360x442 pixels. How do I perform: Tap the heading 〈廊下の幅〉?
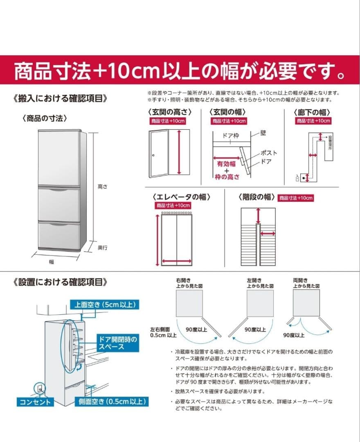pyautogui.click(x=312, y=112)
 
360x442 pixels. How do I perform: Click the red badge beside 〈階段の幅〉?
pyautogui.click(x=295, y=198)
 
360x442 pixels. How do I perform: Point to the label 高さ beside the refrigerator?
pyautogui.click(x=102, y=187)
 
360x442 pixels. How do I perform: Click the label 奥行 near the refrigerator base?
pyautogui.click(x=102, y=247)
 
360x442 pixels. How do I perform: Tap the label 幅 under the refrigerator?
pyautogui.click(x=52, y=261)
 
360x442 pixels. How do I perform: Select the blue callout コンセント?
pyautogui.click(x=36, y=402)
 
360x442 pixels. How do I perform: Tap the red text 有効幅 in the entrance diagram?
pyautogui.click(x=226, y=164)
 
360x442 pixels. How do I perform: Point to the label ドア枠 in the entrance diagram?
pyautogui.click(x=230, y=135)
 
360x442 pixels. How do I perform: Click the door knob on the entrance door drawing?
pyautogui.click(x=153, y=156)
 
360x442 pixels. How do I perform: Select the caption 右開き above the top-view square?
pyautogui.click(x=183, y=280)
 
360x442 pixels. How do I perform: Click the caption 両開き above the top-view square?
pyautogui.click(x=300, y=280)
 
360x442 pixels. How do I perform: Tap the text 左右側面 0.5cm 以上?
pyautogui.click(x=163, y=332)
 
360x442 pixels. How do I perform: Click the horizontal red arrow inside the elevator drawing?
pyautogui.click(x=176, y=261)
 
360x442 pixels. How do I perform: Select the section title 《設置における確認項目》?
pyautogui.click(x=61, y=282)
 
